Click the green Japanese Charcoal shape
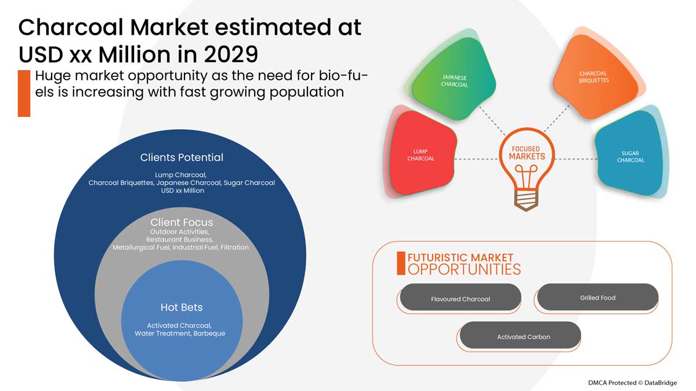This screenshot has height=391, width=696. pos(454,79)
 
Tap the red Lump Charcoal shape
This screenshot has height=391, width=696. pos(421,154)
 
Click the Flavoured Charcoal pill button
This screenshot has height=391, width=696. pos(460,297)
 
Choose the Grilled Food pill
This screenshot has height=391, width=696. pos(597,297)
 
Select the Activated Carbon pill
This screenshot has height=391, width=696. pos(520,335)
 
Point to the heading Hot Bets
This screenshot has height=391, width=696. pos(182,307)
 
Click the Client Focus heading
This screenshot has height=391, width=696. pos(182,222)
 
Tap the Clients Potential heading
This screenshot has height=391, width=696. pos(182,158)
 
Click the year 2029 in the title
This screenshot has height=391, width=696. pos(231,54)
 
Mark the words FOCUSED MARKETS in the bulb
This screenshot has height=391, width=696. pos(527,153)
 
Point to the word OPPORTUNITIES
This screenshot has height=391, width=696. pos(464,269)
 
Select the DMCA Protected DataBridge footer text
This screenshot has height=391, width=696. pos(632,383)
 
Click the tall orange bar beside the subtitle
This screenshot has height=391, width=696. pos(24,93)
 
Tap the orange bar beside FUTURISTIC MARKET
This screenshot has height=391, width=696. pos(401,263)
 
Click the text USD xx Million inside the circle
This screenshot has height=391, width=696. pos(182,191)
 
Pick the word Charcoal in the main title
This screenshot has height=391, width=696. pos(71,27)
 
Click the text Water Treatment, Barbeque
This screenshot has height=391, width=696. pos(180,333)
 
